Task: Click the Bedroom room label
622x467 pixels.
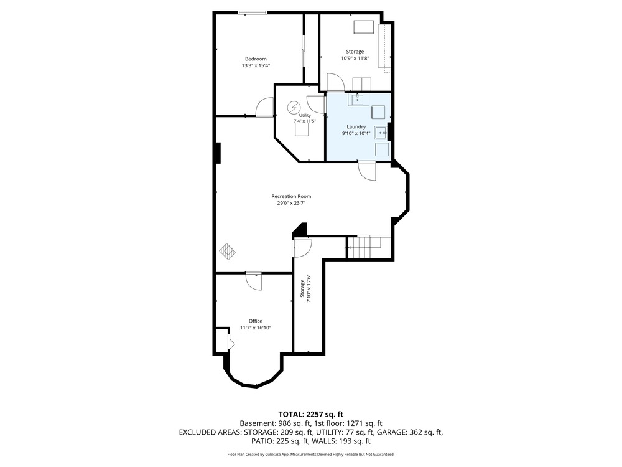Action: pos(256,59)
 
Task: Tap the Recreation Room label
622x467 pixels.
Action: pos(291,196)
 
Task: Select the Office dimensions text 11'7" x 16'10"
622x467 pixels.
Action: pos(256,328)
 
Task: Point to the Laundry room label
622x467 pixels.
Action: pos(356,126)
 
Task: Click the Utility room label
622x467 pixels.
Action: pos(305,116)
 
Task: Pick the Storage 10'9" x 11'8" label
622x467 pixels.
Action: pos(355,55)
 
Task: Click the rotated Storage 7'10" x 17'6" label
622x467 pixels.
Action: pos(305,289)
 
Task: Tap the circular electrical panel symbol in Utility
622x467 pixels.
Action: pos(294,108)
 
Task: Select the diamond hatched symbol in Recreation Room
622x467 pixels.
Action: pos(228,250)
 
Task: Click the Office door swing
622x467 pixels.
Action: pos(254,281)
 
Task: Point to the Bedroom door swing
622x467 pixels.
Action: pos(265,107)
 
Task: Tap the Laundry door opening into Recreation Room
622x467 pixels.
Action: pos(367,171)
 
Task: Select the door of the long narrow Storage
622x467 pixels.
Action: pos(302,247)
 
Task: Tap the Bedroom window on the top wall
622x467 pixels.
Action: pos(252,13)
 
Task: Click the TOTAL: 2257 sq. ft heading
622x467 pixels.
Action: pos(310,415)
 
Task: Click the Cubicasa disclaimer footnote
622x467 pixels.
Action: pos(310,454)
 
